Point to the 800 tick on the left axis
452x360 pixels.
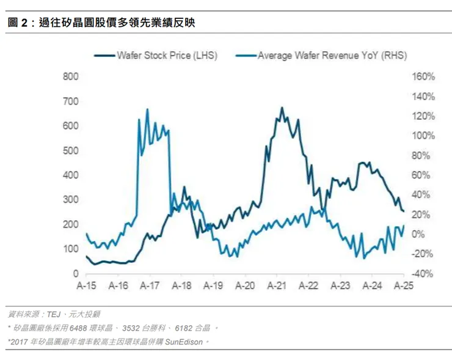coord(72,76)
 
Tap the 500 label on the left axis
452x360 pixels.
coord(72,150)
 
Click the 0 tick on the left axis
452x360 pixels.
coord(76,274)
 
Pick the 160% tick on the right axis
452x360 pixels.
coord(406,76)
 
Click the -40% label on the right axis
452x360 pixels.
coord(406,274)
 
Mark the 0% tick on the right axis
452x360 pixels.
coord(410,234)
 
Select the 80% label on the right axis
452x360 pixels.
coord(408,155)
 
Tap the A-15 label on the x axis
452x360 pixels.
coord(86,286)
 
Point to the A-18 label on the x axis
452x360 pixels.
coord(182,286)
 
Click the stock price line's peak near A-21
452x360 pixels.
coord(282,108)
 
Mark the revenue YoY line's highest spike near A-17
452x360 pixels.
coord(147,109)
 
